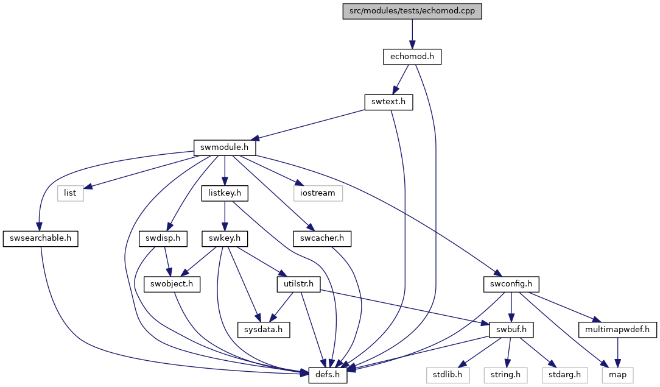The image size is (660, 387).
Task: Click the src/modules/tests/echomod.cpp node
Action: (x=412, y=11)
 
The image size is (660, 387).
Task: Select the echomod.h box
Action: (x=412, y=57)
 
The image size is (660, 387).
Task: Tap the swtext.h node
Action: (x=388, y=102)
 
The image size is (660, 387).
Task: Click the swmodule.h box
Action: (x=224, y=147)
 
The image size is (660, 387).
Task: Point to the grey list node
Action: (x=70, y=193)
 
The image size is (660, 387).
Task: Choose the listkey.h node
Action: (x=225, y=193)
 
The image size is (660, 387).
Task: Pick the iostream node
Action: (x=318, y=193)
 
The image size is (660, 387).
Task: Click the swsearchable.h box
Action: (x=40, y=238)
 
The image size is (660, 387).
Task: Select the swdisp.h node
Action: (x=163, y=238)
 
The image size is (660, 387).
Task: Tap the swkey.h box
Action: (x=225, y=238)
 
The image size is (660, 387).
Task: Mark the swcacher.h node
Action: (x=322, y=238)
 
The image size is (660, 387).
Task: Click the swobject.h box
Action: (x=172, y=284)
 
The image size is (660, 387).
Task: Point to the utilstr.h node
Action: (x=298, y=284)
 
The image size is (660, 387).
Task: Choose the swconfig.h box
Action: (x=511, y=284)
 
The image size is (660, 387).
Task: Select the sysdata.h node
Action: (x=264, y=329)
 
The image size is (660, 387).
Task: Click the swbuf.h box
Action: (x=511, y=329)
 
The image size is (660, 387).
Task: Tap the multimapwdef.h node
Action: (x=617, y=329)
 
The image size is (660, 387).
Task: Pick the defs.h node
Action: (x=328, y=375)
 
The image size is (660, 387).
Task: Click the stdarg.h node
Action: (x=564, y=375)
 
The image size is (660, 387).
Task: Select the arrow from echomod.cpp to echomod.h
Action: (x=412, y=34)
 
